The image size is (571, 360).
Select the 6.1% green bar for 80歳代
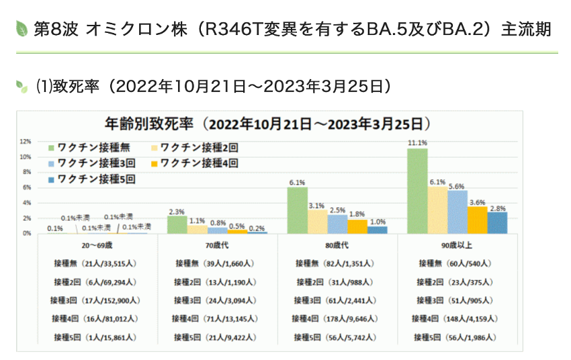298,210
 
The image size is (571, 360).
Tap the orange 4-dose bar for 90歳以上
477,220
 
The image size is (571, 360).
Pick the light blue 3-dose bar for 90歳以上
457,212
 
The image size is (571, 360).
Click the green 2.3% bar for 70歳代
177,224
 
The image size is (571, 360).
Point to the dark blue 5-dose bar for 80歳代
378,230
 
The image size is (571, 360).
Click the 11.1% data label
417,142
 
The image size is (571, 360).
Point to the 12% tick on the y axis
26,142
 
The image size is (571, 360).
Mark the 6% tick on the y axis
26,187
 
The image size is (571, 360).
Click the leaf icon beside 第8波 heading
21,29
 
